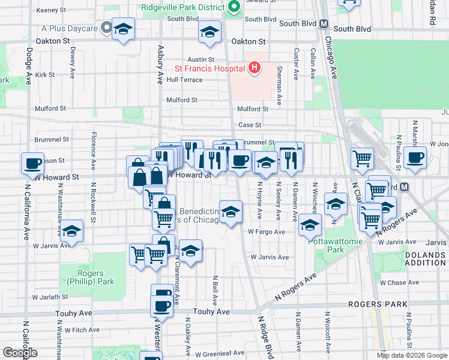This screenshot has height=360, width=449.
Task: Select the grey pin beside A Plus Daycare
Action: click(106, 28)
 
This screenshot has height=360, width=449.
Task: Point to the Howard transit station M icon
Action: click(405, 187)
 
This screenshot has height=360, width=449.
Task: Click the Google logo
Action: click(20, 353)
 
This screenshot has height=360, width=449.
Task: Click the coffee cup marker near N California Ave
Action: click(32, 163)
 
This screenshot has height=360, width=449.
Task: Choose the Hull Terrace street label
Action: click(184, 79)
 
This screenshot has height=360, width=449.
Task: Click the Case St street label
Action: click(250, 125)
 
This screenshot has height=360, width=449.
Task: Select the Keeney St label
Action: click(51, 10)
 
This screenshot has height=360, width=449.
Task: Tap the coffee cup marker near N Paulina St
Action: click(415, 157)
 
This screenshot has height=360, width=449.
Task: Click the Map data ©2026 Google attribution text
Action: click(412, 355)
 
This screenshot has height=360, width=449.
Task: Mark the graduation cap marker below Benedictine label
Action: click(231, 212)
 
